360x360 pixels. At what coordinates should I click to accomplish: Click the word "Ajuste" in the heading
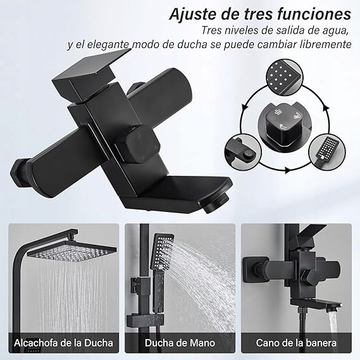pyautogui.click(x=194, y=14)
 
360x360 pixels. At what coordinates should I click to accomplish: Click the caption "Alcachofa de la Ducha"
pyautogui.click(x=63, y=343)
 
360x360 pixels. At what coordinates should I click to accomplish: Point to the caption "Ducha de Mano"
pyautogui.click(x=180, y=343)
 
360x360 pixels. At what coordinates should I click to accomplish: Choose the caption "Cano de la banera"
pyautogui.click(x=296, y=343)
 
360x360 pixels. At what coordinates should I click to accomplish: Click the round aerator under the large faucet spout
pyautogui.click(x=216, y=202)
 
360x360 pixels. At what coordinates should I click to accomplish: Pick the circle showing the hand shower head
pyautogui.click(x=327, y=152)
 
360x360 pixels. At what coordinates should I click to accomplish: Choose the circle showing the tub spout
pyautogui.click(x=243, y=152)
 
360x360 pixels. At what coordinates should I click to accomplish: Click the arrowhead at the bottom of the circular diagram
pyautogui.click(x=287, y=170)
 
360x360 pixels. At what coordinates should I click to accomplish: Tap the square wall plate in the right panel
pyautogui.click(x=252, y=270)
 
